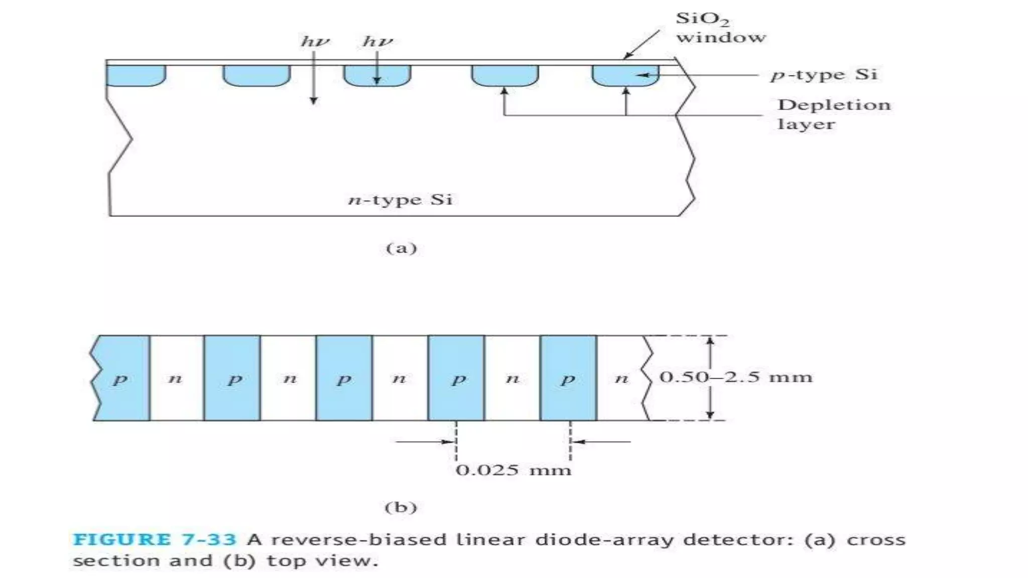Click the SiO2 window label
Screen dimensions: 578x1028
[720, 28]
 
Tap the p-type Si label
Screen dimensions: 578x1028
[824, 75]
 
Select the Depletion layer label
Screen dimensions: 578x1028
[833, 114]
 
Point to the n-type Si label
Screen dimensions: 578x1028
[400, 200]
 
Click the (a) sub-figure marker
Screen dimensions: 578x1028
[401, 248]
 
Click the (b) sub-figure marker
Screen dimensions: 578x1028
[401, 507]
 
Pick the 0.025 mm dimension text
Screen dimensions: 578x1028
[513, 470]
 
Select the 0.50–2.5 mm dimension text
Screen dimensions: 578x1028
[735, 377]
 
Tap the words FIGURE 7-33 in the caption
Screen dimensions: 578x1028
[154, 540]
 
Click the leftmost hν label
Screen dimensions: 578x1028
[315, 41]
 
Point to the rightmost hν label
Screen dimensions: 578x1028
[377, 41]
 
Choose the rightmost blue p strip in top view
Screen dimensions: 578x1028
[568, 378]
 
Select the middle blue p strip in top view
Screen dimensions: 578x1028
[344, 378]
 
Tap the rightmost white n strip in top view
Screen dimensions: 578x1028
[621, 378]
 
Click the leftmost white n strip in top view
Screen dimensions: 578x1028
[176, 378]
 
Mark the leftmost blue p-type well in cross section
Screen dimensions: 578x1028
[136, 75]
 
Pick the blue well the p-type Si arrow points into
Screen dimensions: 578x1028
[625, 75]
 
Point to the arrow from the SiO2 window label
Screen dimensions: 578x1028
[641, 44]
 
